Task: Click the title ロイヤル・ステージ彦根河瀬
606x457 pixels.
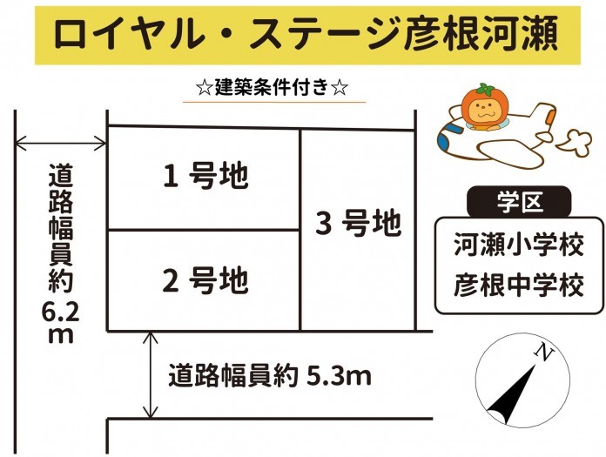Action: (x=306, y=34)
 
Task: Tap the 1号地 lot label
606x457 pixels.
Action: (x=205, y=176)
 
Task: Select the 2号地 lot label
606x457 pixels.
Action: (x=205, y=280)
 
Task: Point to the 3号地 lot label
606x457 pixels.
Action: (x=359, y=224)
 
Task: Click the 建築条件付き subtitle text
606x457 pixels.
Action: (x=273, y=88)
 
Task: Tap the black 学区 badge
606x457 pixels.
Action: (x=519, y=202)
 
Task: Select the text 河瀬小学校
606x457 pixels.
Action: (x=519, y=244)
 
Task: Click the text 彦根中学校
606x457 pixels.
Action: (x=519, y=286)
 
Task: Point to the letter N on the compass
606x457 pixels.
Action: (x=544, y=352)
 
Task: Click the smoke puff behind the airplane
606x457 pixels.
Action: (x=575, y=144)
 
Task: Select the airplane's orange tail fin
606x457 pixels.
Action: (x=551, y=117)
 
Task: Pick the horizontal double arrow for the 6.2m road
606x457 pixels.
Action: (x=60, y=144)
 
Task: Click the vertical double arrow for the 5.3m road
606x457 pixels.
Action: (x=151, y=375)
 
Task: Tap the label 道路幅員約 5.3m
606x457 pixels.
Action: (x=270, y=375)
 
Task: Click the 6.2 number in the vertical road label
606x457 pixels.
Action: (x=61, y=313)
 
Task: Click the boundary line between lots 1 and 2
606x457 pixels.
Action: (x=204, y=230)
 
